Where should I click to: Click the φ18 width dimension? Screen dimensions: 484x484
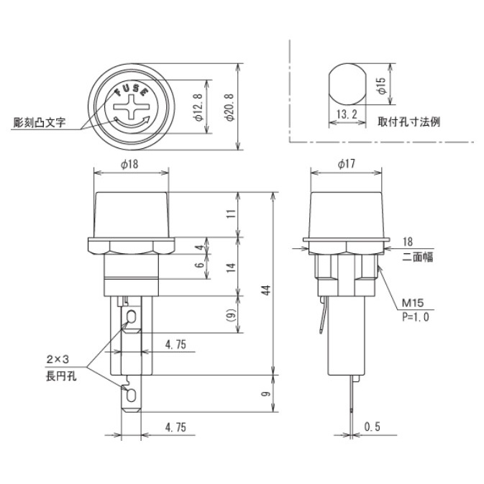[131, 165]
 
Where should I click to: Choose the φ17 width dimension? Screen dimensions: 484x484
[346, 165]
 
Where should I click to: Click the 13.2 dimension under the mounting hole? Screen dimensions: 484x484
[346, 114]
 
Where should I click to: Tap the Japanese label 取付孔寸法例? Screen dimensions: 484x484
[409, 122]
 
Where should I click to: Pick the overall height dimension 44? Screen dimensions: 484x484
[265, 290]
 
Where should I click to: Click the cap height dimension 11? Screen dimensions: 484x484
[230, 214]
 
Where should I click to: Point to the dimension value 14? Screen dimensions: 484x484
[230, 267]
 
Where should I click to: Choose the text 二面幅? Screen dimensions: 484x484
[418, 255]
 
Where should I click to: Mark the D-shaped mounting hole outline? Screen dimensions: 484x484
[346, 84]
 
